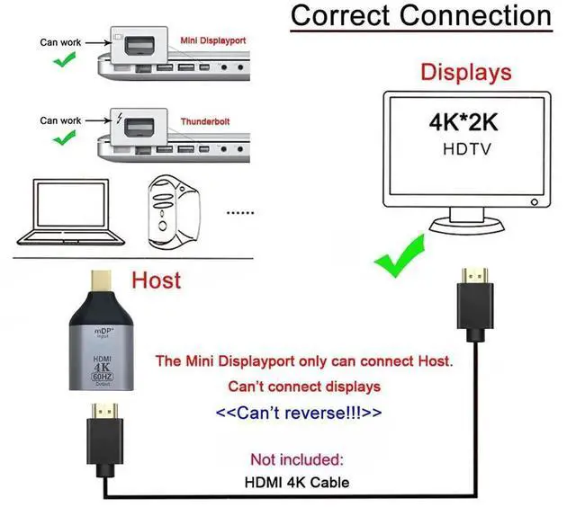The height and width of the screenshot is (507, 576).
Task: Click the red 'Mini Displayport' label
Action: point(213,40)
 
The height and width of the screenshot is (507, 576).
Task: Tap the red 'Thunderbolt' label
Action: point(205,121)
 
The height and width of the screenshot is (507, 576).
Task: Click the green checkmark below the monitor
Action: point(400,255)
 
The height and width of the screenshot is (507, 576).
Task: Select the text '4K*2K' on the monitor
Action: point(463,122)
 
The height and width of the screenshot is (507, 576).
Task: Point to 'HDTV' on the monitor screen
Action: point(467,149)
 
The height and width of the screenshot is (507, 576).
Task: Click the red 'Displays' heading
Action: point(466,72)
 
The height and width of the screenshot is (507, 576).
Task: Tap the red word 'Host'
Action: point(156,280)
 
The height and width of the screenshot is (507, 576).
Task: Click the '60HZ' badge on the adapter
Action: point(102,377)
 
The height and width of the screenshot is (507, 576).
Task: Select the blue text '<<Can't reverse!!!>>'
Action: point(299,413)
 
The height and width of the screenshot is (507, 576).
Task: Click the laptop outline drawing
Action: point(70,212)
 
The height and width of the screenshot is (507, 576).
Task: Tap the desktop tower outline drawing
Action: point(174,212)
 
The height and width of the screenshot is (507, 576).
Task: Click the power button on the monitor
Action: point(535,202)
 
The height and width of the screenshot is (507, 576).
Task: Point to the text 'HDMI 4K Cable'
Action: point(297,483)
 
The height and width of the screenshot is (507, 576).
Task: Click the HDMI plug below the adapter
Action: point(104,440)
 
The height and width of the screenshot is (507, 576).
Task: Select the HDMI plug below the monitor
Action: point(475,305)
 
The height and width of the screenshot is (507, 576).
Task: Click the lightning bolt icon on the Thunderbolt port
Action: point(119,118)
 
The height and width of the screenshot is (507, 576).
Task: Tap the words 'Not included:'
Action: point(297,459)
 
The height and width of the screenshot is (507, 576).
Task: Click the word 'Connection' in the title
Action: point(475,15)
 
